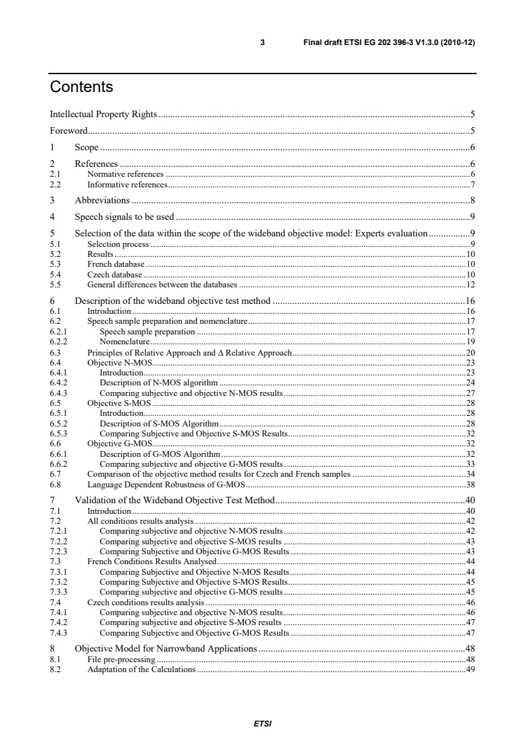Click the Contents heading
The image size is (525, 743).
pos(81,87)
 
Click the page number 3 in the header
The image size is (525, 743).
pos(263,42)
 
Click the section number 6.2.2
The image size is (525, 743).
pos(58,342)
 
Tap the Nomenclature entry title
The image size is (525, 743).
pos(123,342)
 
